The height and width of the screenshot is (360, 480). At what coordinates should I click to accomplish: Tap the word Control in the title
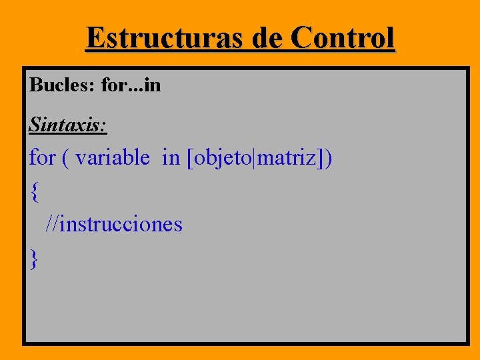(344, 38)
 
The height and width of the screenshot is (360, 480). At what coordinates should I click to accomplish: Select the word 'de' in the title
(268, 38)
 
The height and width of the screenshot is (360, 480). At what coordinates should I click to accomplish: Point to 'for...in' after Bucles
(131, 85)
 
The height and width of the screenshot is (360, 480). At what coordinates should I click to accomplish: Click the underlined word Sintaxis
(66, 123)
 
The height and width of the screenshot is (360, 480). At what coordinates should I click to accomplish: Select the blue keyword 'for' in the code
(42, 158)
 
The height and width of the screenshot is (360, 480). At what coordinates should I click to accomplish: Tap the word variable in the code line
(113, 158)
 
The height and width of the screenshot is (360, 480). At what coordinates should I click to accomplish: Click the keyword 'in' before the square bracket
(171, 158)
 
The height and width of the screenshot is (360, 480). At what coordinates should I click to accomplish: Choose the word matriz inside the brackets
(289, 158)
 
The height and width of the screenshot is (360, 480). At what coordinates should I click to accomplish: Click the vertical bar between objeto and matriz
(256, 159)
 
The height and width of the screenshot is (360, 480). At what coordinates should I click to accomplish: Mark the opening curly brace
(34, 193)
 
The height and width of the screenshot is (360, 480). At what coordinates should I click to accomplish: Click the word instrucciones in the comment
(121, 224)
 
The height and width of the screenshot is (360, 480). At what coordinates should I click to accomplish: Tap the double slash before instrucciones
(52, 224)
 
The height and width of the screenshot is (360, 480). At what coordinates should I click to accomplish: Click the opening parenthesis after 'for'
(65, 159)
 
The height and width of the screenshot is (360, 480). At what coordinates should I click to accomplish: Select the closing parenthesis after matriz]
(329, 159)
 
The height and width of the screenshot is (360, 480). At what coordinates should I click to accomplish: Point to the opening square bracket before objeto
(191, 159)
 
